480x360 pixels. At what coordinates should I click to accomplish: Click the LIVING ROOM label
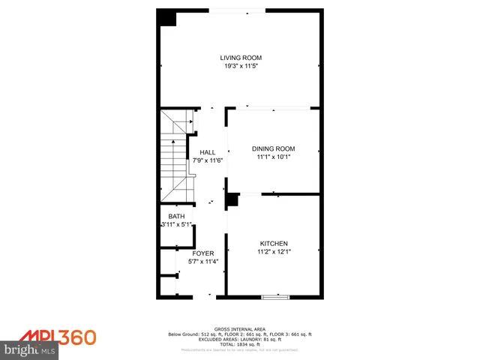(240, 58)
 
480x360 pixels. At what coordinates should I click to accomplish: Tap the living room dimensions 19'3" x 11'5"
(240, 66)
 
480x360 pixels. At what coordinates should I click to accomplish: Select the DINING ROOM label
(273, 148)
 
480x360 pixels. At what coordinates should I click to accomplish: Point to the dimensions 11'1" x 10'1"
(273, 157)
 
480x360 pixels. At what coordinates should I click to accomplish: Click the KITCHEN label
(273, 244)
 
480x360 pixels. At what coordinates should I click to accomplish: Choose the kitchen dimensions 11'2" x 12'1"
(273, 253)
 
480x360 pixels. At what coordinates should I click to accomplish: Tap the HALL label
(207, 152)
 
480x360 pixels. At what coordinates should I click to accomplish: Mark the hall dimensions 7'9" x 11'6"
(207, 160)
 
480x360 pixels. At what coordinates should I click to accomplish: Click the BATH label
(175, 216)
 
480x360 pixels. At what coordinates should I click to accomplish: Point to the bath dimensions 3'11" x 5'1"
(177, 224)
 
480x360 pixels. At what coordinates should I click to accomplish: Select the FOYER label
(202, 253)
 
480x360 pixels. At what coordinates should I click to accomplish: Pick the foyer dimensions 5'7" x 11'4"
(202, 262)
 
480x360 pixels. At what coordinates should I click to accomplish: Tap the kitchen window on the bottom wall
(275, 297)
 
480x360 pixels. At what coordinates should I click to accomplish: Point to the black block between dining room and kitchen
(232, 200)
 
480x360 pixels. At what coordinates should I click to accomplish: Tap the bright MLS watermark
(30, 349)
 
